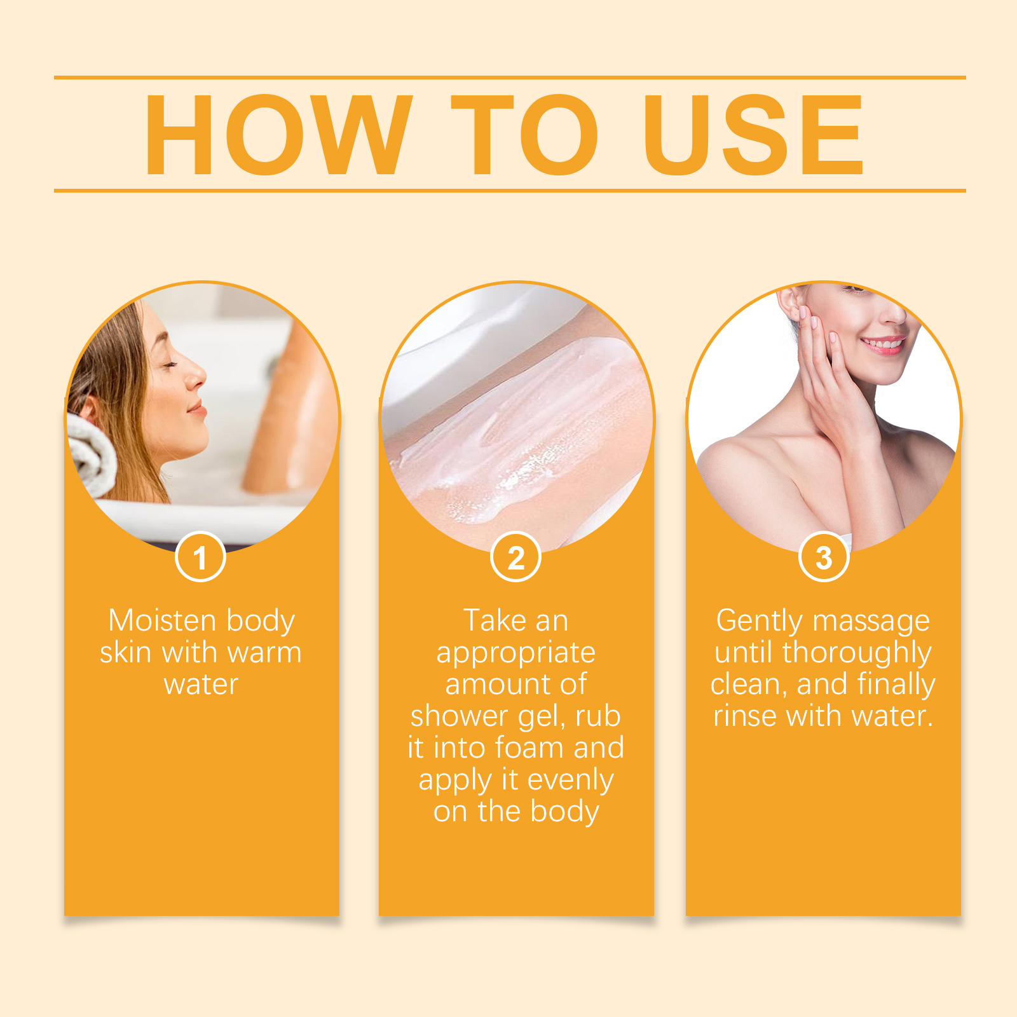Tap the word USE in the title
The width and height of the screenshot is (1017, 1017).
(753, 135)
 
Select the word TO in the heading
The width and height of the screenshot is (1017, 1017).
(524, 135)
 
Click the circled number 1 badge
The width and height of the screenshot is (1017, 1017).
(200, 557)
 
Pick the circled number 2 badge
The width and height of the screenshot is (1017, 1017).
(515, 557)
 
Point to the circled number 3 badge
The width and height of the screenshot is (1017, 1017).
(824, 557)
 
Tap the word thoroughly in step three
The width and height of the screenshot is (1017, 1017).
(857, 653)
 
